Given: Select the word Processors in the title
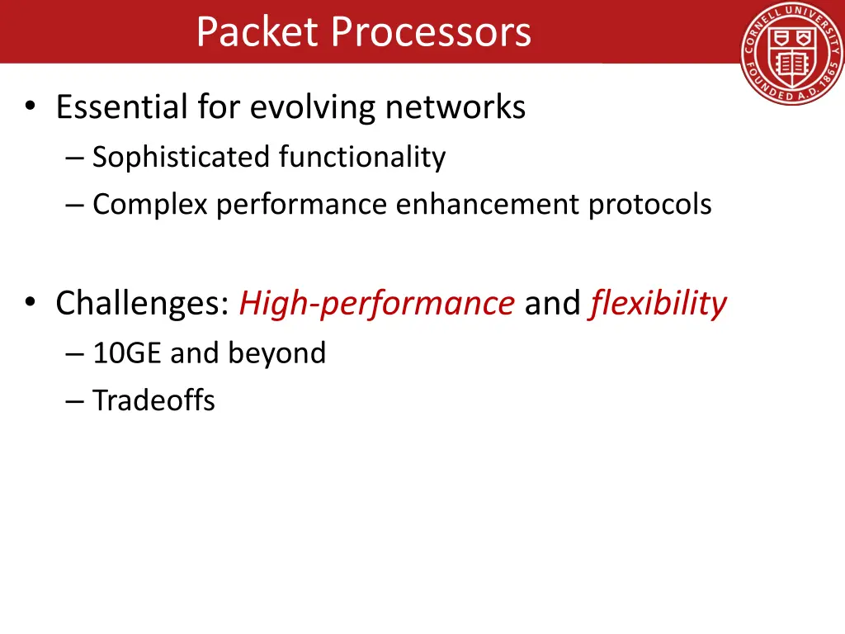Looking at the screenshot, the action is [431, 33].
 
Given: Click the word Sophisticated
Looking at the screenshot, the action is [181, 157].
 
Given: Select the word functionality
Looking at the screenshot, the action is [362, 157].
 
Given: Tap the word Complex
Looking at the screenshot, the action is [150, 204].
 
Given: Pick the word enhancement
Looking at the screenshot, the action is [487, 204].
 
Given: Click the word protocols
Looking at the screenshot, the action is [649, 204].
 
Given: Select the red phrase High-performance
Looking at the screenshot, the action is [376, 304].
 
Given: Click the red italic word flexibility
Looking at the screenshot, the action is [658, 304].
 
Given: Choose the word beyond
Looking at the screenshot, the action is [276, 353].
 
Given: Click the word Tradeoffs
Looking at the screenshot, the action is [153, 401].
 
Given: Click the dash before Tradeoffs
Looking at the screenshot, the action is [74, 402].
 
